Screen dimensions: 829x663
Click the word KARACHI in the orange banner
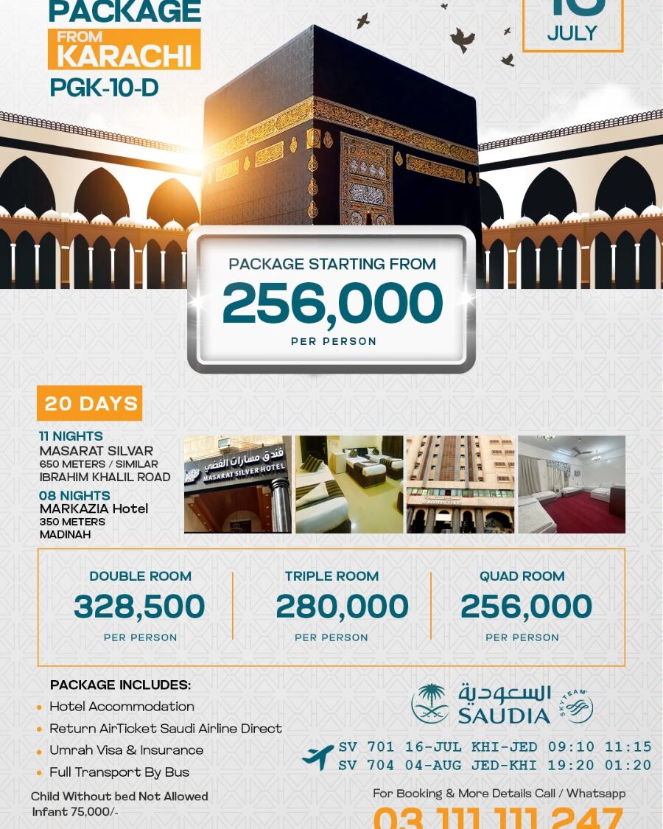tap(124, 56)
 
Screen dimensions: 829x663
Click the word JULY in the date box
tap(572, 33)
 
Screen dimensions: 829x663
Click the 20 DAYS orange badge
tap(90, 403)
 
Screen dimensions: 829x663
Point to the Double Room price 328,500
tap(139, 607)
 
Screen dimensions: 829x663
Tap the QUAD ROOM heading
tap(522, 576)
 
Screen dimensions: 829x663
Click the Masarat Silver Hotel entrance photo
tap(237, 484)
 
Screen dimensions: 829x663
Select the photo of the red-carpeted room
tap(572, 484)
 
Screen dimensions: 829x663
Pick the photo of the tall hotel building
tap(460, 484)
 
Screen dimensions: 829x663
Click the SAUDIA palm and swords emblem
tap(429, 703)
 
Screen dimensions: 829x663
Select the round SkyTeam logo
tap(577, 707)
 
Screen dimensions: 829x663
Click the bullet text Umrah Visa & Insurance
tap(126, 750)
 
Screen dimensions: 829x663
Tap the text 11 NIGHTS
tap(71, 436)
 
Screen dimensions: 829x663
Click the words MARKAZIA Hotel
tap(94, 508)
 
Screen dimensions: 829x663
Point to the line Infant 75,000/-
tap(74, 811)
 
